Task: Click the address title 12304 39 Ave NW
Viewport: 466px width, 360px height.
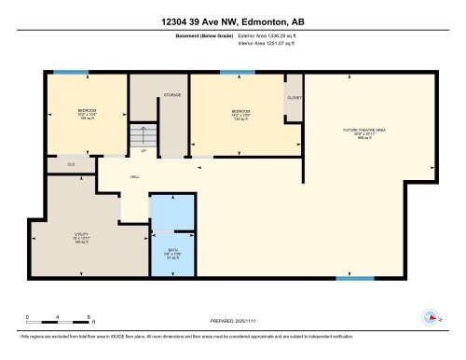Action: point(233,21)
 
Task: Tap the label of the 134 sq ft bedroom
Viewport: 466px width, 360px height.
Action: point(241,115)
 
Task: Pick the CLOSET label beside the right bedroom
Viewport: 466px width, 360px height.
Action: point(294,96)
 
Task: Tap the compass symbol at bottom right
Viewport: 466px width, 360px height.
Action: point(432,317)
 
